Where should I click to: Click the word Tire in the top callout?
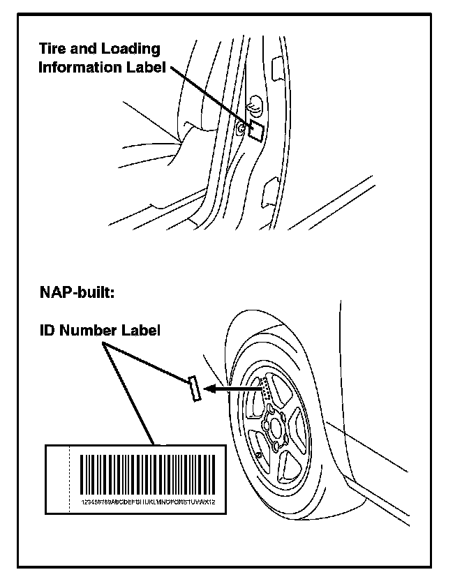(x=55, y=50)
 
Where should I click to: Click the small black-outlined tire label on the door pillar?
(x=256, y=130)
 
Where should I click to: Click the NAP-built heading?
(x=76, y=291)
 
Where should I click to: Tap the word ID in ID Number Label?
(x=47, y=330)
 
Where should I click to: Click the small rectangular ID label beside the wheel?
(x=195, y=388)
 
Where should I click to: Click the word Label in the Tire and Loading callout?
(x=144, y=68)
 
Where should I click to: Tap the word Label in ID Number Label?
(x=142, y=330)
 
